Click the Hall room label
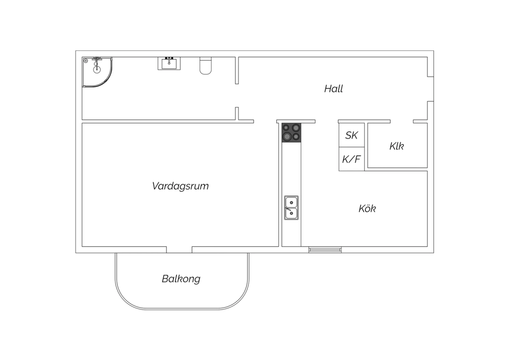(333, 89)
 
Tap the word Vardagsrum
(180, 186)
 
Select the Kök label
(367, 209)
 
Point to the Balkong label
(181, 279)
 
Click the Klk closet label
(397, 146)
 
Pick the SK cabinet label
(352, 136)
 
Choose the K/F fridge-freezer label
(351, 159)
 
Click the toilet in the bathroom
(205, 66)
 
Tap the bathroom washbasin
(169, 64)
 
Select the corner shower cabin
(97, 72)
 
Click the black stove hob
(291, 132)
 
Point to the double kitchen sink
(291, 208)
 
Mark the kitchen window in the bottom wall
(325, 250)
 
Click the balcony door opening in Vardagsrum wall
(179, 250)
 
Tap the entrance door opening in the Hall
(431, 89)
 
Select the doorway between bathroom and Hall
(237, 95)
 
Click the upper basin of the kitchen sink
(291, 202)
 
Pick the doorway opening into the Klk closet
(402, 122)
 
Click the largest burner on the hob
(287, 137)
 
